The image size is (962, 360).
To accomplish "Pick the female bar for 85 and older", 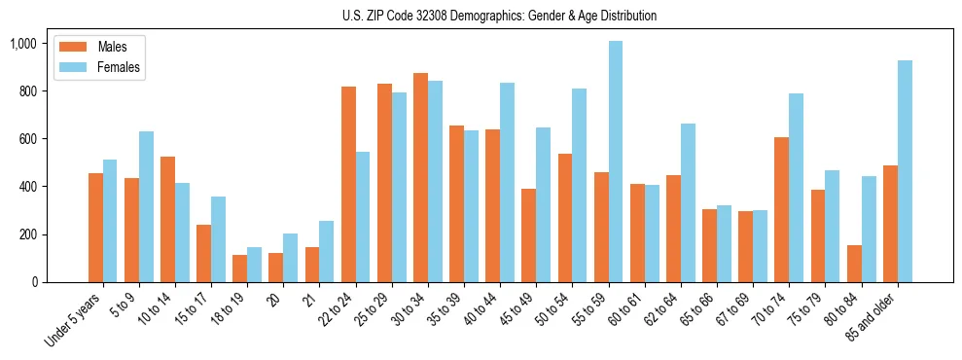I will pyautogui.click(x=904, y=171).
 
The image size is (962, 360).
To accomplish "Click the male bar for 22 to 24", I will pyautogui.click(x=348, y=184).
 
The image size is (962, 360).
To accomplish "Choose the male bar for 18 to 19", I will pyautogui.click(x=240, y=269).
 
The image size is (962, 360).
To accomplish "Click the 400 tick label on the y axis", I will pyautogui.click(x=26, y=187).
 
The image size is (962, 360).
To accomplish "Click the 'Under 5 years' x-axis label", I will pyautogui.click(x=74, y=318).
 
